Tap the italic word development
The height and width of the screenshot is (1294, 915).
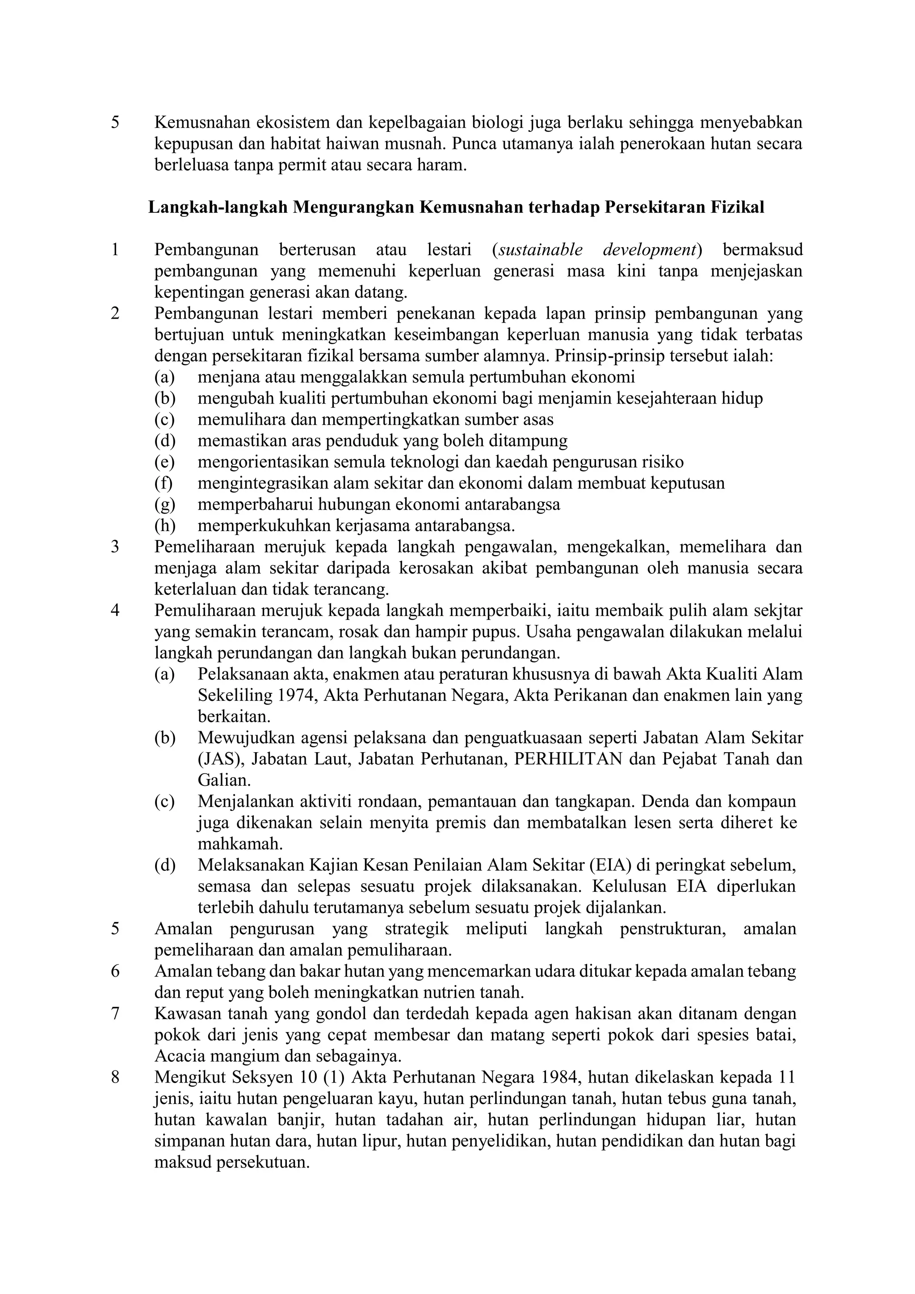[x=651, y=250]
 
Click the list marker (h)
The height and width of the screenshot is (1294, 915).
[x=165, y=526]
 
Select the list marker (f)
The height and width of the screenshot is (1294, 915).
[x=164, y=483]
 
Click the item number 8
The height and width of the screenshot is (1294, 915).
[x=116, y=1078]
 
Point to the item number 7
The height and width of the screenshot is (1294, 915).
[x=116, y=1013]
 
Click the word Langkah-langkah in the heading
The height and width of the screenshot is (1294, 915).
[x=218, y=207]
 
